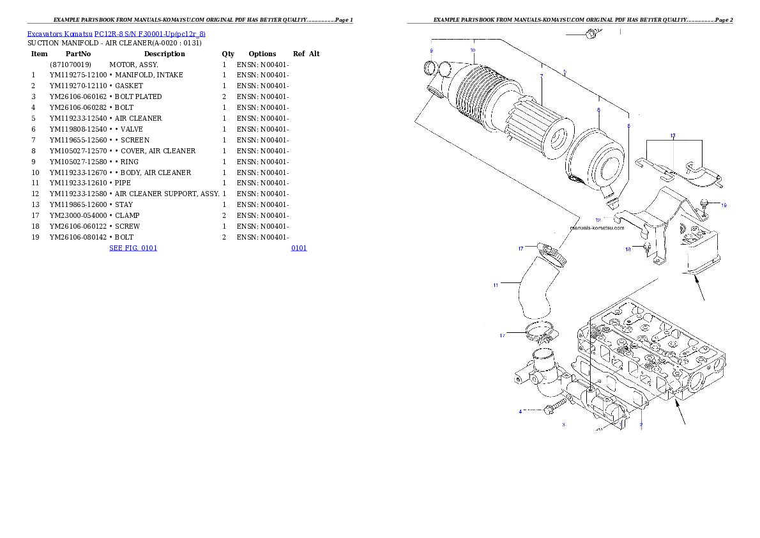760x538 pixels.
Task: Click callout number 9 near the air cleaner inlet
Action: pos(432,50)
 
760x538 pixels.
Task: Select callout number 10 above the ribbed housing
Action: pos(473,49)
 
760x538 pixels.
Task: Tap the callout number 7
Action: pos(541,76)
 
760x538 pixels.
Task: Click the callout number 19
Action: pos(724,205)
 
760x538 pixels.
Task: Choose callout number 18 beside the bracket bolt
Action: pos(628,249)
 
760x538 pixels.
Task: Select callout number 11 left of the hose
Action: pos(496,285)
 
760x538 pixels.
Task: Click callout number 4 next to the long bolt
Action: pos(520,411)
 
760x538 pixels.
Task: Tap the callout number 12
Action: pos(598,219)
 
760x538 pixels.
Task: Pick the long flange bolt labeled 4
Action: pos(556,408)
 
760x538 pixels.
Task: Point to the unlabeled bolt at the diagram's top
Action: pos(590,33)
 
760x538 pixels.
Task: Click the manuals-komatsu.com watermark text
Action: pos(597,227)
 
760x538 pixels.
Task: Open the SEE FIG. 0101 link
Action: pos(133,247)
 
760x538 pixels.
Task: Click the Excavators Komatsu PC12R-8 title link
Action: pos(116,34)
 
